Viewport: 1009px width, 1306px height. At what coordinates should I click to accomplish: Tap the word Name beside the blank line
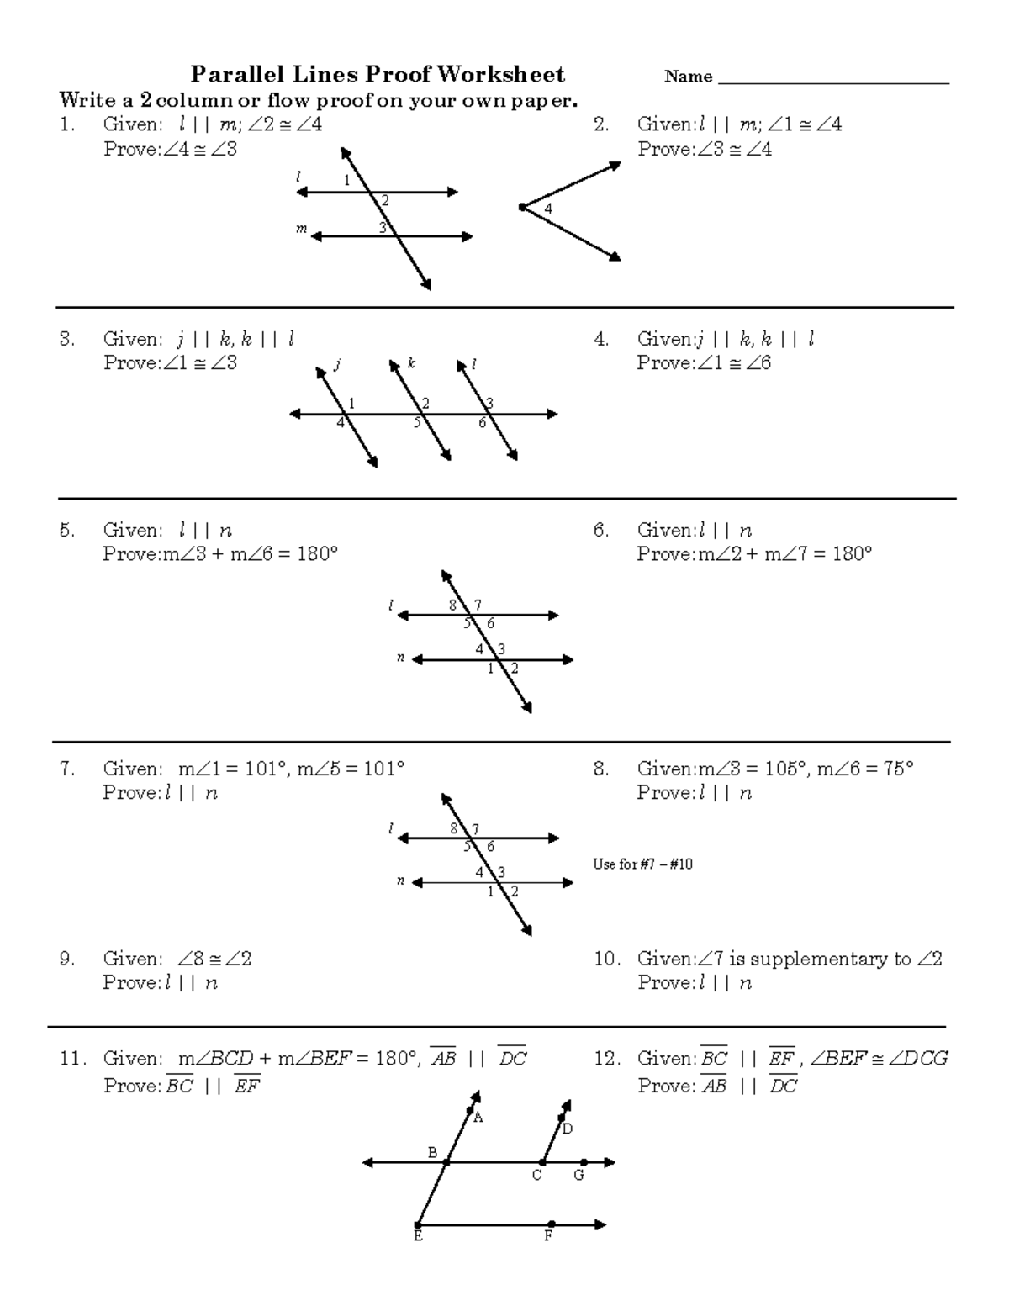pos(688,77)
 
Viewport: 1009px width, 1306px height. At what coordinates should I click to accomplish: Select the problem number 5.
pos(66,531)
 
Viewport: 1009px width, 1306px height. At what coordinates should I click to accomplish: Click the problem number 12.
pos(606,1059)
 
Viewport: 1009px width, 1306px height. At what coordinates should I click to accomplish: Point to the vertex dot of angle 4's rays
pos(522,207)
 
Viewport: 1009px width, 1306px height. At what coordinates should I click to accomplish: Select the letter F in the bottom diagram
pos(548,1236)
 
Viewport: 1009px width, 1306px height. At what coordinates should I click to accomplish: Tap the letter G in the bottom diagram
pos(578,1175)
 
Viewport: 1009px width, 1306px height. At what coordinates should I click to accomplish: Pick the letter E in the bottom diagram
pos(418,1236)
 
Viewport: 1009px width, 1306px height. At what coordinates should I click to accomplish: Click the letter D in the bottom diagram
pos(568,1129)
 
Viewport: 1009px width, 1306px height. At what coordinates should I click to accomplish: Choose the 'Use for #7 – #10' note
pos(642,864)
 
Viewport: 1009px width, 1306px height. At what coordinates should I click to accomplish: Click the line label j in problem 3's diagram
pos(336,364)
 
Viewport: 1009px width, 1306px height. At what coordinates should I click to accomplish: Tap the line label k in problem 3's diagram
pos(412,364)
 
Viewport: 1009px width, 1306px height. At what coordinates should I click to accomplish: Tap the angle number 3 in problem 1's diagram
pos(382,227)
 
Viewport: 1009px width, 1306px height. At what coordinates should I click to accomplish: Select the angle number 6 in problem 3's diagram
pos(483,423)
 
